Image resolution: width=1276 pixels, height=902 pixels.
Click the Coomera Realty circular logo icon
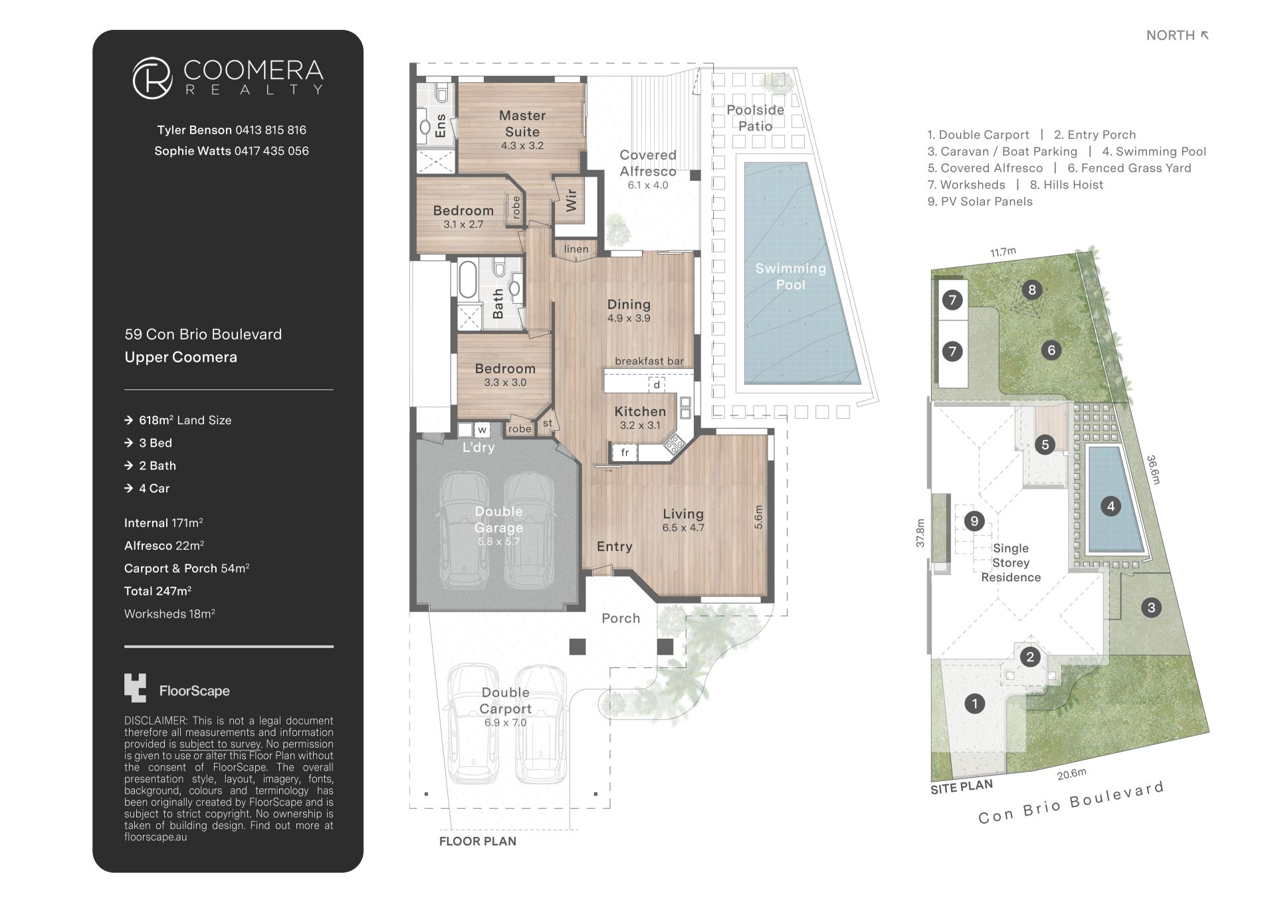(x=153, y=78)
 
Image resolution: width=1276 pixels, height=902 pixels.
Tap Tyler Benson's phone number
(x=270, y=130)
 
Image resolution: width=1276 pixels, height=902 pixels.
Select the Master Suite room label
(x=522, y=124)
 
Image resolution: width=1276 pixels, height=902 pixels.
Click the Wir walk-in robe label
(x=571, y=200)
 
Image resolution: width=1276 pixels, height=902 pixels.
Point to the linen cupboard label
(x=576, y=249)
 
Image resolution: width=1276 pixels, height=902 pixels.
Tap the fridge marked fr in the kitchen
(x=625, y=453)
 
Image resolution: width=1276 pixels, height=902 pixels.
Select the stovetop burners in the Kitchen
(x=675, y=443)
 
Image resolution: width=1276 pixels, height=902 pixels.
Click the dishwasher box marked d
(x=657, y=385)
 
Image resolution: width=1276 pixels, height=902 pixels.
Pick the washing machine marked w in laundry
(x=482, y=429)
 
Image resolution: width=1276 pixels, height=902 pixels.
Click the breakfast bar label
(x=649, y=361)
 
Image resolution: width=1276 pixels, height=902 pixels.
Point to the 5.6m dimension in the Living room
(x=759, y=518)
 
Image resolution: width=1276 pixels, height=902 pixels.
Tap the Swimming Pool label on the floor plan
(x=791, y=277)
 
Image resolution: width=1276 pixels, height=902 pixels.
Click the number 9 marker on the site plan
(x=974, y=521)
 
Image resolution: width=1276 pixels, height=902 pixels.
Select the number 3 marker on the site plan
(x=1151, y=607)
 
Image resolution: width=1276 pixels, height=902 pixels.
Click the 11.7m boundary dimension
(x=1003, y=252)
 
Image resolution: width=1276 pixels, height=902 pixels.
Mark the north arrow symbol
(x=1204, y=35)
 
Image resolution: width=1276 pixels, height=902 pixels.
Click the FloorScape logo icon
(x=135, y=688)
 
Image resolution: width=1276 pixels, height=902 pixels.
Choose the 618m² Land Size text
(x=185, y=420)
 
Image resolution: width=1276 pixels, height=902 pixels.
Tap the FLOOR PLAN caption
(x=478, y=842)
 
